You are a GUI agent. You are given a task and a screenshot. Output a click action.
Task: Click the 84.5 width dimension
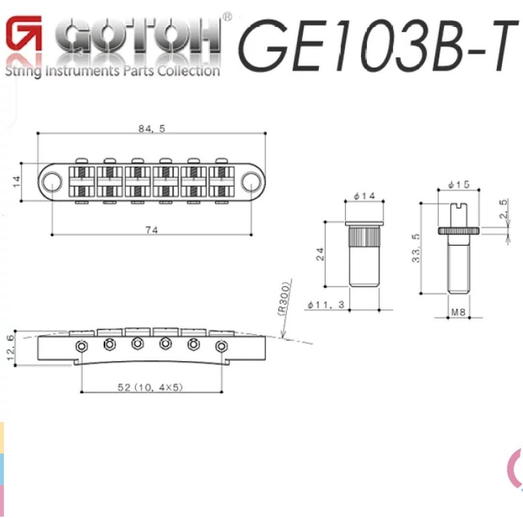coord(152,128)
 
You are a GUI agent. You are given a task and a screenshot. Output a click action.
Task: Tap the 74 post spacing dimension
coord(152,230)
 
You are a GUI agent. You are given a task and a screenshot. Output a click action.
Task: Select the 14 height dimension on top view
coord(16,182)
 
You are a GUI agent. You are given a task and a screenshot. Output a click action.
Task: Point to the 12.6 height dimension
coord(11,347)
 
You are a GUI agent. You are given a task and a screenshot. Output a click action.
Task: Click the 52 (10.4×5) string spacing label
coord(151,387)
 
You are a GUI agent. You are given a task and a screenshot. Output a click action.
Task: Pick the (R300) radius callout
coord(284,298)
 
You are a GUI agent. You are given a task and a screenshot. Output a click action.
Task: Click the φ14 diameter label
coord(364,196)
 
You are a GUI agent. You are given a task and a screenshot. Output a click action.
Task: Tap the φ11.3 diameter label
coord(326,304)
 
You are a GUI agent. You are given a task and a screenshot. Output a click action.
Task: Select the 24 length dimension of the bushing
coord(320,254)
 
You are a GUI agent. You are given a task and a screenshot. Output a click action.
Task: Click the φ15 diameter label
coord(459,184)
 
